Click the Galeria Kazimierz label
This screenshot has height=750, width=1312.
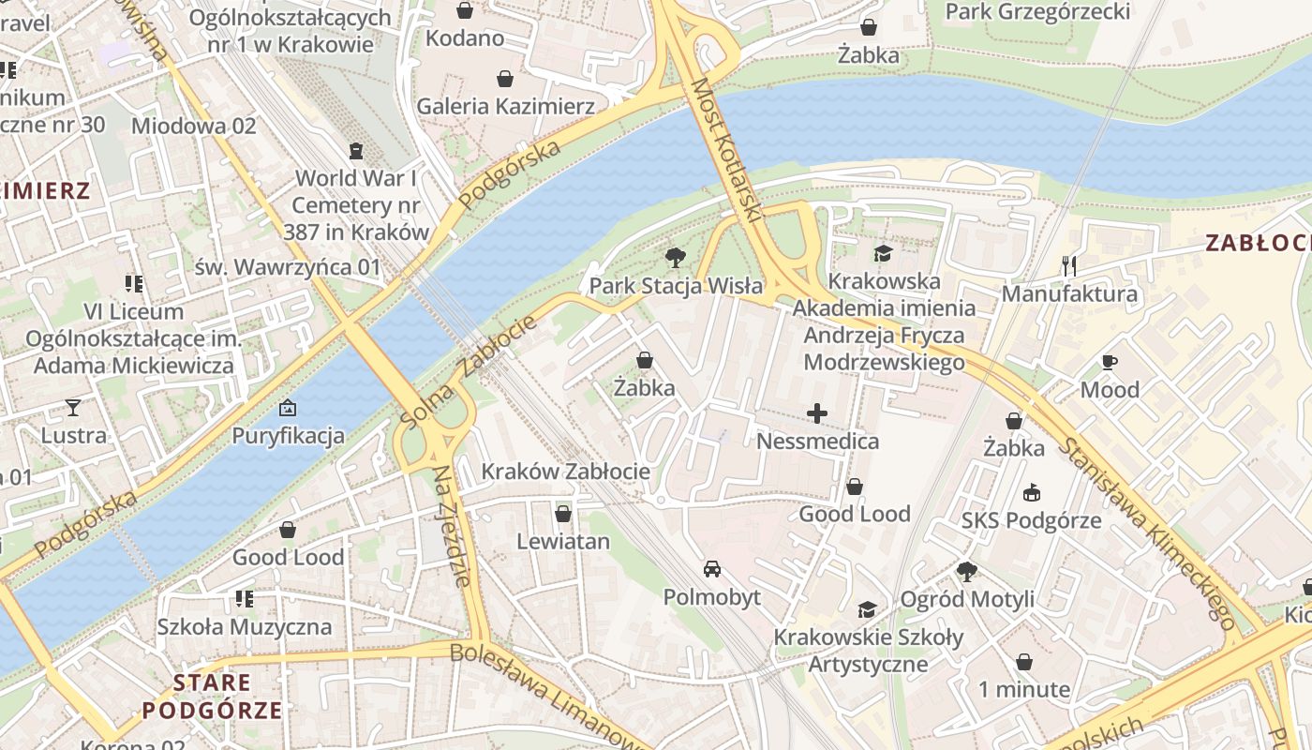[505, 106]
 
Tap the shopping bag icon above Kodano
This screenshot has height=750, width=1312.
[464, 11]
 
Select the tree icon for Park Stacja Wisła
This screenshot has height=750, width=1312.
[675, 258]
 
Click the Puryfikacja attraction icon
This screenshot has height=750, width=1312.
[288, 408]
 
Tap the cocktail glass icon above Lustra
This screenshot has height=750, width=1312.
[73, 408]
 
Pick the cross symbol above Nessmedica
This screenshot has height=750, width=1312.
[817, 412]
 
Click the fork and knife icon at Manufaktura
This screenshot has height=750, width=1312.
[1069, 266]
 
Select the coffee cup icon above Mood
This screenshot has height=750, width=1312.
[1110, 362]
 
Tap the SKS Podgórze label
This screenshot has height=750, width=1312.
[1031, 520]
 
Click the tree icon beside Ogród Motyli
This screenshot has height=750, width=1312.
[967, 571]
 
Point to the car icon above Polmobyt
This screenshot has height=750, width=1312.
[712, 569]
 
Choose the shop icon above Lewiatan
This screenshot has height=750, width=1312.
[563, 514]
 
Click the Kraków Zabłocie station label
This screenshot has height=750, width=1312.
[565, 472]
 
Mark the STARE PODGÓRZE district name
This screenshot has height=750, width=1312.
[212, 696]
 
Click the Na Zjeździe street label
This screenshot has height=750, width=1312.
[453, 526]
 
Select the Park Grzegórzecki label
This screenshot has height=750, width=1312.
[1037, 12]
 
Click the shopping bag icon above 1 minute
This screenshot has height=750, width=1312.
[1024, 662]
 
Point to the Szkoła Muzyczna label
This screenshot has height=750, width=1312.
[245, 626]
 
